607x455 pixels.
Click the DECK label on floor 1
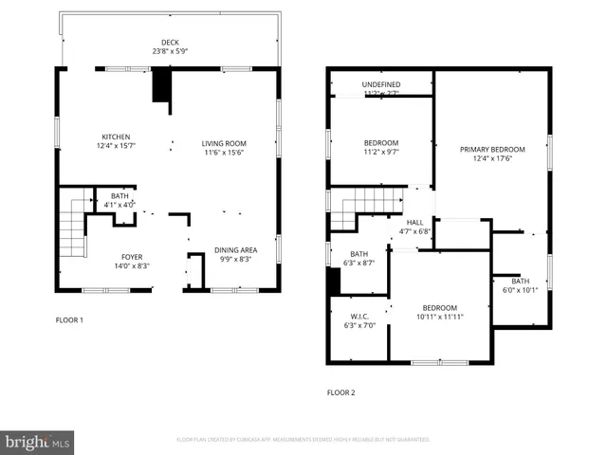point(170,42)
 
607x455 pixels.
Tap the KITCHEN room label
point(117,136)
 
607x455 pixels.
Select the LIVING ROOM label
point(223,143)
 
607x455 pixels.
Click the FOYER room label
point(132,257)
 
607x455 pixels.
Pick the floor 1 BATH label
point(118,195)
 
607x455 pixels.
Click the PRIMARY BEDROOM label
point(492,149)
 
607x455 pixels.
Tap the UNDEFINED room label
point(380,84)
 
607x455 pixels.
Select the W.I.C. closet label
point(359,316)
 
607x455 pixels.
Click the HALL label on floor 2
point(414,222)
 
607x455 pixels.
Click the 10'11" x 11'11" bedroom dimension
point(439,318)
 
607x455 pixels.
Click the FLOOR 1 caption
point(69,320)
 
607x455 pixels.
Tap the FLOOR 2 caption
point(340,391)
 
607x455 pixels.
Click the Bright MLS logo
point(37,442)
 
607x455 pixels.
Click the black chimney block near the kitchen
point(161,87)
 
